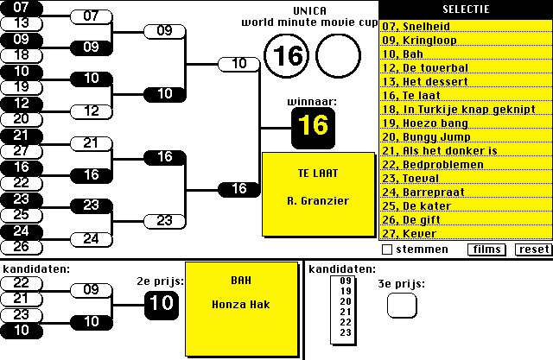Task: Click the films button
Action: pos(486,249)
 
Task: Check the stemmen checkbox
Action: pos(388,249)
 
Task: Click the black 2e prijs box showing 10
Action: pos(162,302)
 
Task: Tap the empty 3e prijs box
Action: pos(401,305)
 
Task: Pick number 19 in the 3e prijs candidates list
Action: pos(346,291)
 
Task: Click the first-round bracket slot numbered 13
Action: pos(22,23)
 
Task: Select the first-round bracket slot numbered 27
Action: pos(22,151)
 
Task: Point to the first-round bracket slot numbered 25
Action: pos(22,215)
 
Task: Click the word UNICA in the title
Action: pos(309,10)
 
